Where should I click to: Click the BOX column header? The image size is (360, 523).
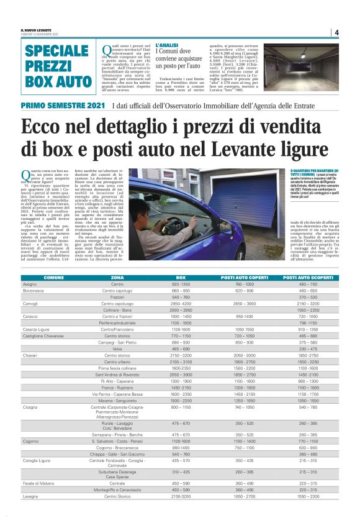coord(181,277)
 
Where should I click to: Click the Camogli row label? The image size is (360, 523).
coord(31,303)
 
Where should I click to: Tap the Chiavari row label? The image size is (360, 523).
coord(31,355)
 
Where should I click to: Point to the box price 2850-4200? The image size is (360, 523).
coord(181,303)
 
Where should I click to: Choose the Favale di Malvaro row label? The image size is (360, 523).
coord(38,500)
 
